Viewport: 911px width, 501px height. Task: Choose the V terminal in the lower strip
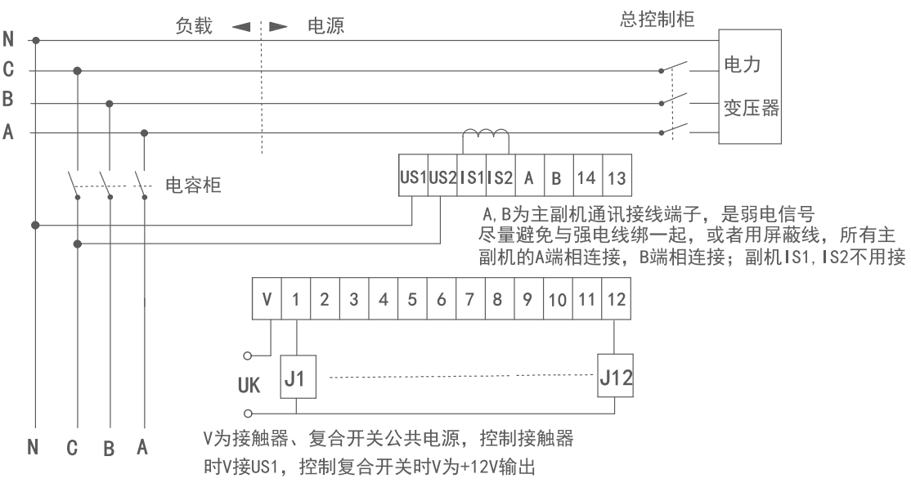coord(267,300)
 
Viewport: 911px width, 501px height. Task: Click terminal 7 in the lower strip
coord(469,300)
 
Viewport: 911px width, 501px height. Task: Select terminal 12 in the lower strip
coord(616,300)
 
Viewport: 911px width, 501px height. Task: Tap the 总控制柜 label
coord(658,19)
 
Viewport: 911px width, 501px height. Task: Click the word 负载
coord(194,26)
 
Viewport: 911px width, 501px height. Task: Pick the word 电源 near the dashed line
coord(325,26)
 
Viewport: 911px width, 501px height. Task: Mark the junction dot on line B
coord(110,104)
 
